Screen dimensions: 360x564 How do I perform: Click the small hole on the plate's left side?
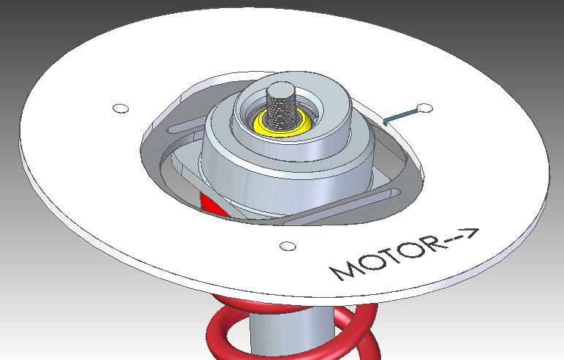121,109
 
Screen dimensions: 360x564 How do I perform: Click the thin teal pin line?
401,115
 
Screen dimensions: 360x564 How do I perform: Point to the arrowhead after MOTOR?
471,233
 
